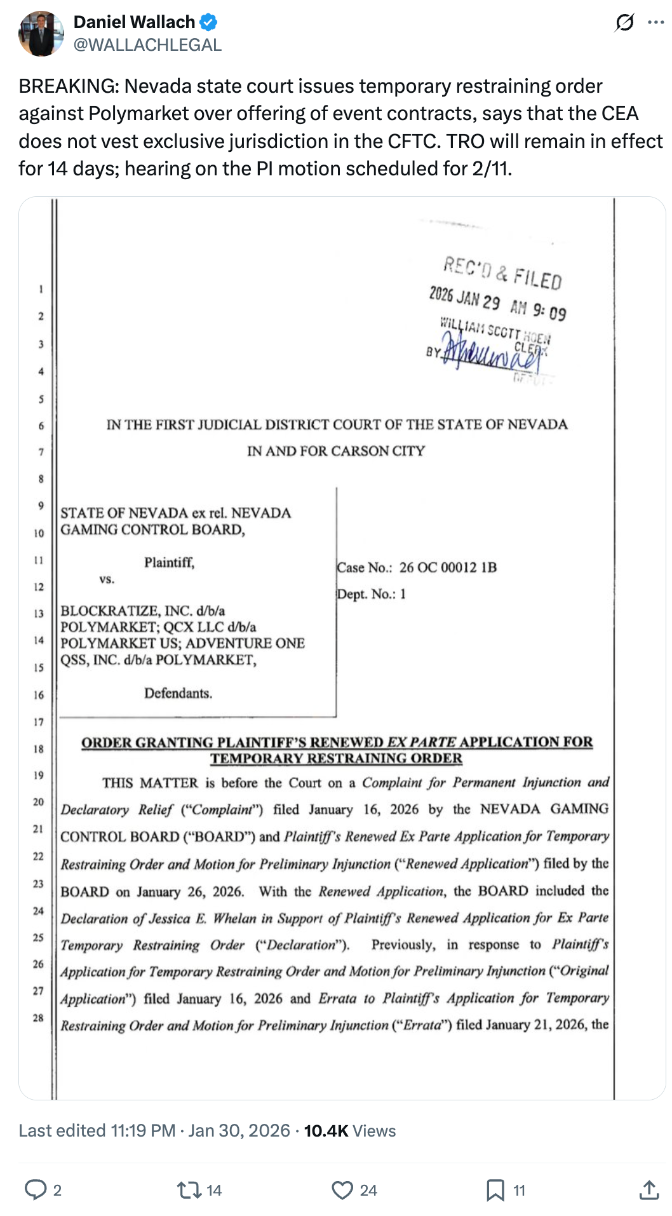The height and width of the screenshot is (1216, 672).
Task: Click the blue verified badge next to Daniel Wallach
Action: coord(209,22)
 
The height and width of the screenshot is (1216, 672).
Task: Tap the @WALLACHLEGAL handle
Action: coord(147,45)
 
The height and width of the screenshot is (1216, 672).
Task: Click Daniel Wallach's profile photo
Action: coord(41,34)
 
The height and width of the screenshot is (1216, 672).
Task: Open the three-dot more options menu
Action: coord(655,23)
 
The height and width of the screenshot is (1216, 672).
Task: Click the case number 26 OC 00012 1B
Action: coord(448,567)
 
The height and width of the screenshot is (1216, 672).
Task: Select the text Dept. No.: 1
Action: coord(372,594)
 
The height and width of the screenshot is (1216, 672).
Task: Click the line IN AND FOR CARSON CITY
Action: coord(336,451)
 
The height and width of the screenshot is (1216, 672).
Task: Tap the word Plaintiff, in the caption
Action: coord(169,562)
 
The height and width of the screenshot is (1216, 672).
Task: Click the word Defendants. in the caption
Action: coord(178,693)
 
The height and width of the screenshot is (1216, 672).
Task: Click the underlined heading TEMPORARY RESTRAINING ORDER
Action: coord(336,759)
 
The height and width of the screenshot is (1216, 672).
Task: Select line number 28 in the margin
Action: coord(39,1018)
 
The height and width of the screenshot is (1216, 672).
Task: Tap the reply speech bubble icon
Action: coord(35,1190)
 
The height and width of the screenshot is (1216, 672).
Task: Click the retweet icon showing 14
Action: coord(189,1190)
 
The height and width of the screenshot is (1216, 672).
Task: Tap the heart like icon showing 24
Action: coord(342,1190)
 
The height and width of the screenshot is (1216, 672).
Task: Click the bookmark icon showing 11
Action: coord(495,1190)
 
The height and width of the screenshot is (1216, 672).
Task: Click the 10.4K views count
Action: coord(326,1131)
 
